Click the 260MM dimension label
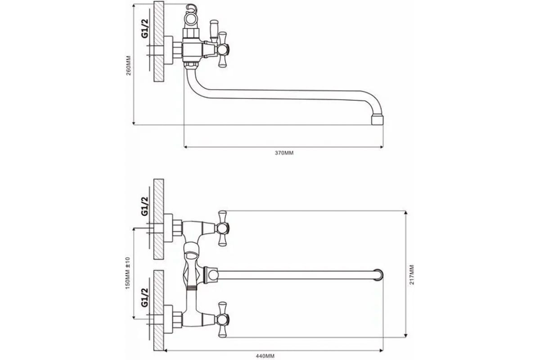coord(129,66)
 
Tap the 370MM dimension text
coord(284,153)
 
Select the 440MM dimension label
coord(265,356)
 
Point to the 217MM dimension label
coord(412,274)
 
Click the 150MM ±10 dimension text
coord(127,273)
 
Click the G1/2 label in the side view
coord(145,28)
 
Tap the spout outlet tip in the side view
coord(377,120)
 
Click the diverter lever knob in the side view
coord(214,31)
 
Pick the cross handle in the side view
coord(222,49)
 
